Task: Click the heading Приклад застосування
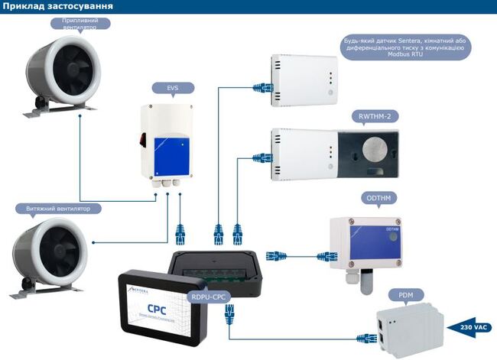point(58,7)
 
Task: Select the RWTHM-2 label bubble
point(379,115)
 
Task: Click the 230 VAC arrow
point(472,326)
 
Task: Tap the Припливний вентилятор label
point(86,24)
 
